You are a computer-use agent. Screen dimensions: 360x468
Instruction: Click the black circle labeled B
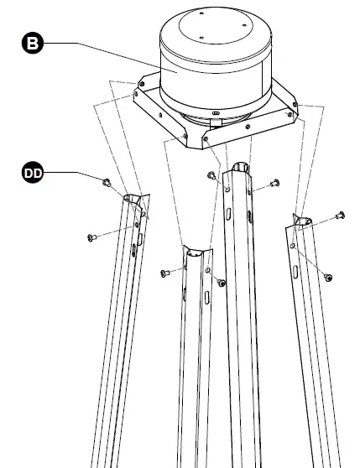pyautogui.click(x=33, y=43)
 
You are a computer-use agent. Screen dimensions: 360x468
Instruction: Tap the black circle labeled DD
pyautogui.click(x=33, y=172)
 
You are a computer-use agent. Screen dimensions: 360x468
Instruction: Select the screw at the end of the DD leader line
pyautogui.click(x=107, y=182)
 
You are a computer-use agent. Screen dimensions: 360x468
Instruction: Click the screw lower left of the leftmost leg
pyautogui.click(x=92, y=237)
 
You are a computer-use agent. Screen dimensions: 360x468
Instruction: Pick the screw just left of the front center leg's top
pyautogui.click(x=165, y=273)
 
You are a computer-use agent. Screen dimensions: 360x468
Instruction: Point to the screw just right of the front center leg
pyautogui.click(x=222, y=283)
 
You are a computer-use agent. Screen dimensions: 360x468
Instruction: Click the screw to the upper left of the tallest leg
pyautogui.click(x=211, y=175)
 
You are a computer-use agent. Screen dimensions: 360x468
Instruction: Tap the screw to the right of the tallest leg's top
pyautogui.click(x=275, y=183)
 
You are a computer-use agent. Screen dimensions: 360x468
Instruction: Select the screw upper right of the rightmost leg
pyautogui.click(x=340, y=215)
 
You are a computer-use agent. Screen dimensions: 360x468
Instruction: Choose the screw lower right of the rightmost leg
pyautogui.click(x=328, y=278)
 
